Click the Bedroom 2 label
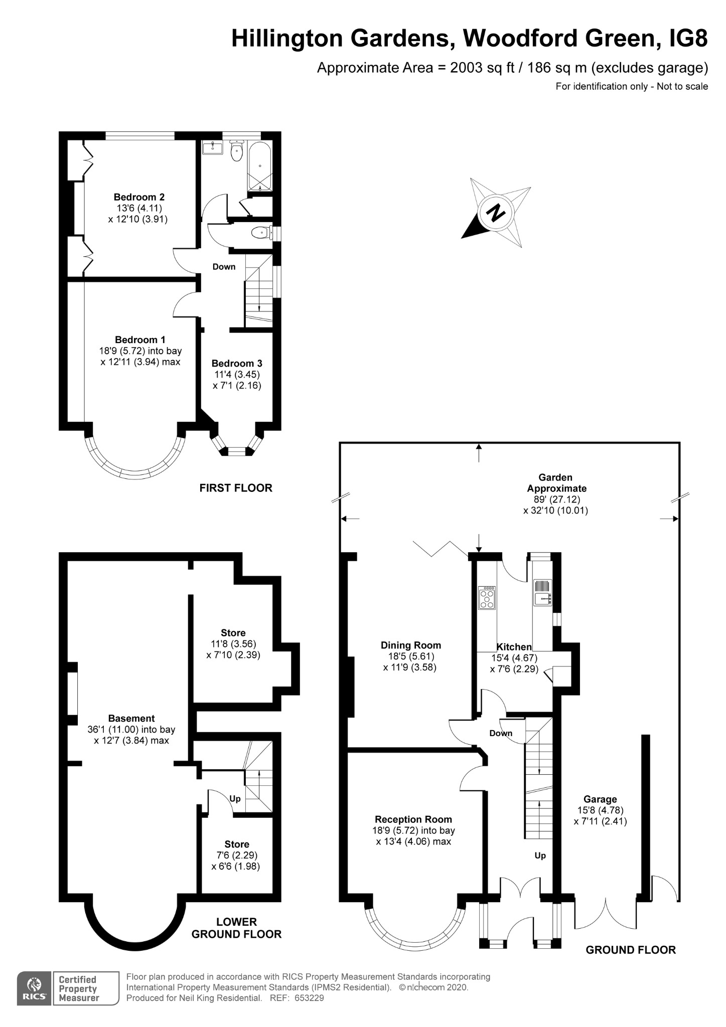[139, 197]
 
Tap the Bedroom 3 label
[237, 364]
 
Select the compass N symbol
[496, 213]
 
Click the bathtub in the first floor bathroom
[260, 166]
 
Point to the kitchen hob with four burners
[487, 598]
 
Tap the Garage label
[600, 799]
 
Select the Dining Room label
[410, 645]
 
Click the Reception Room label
[413, 819]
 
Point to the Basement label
[131, 719]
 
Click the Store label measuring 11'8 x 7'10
[233, 633]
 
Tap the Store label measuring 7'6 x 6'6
[237, 844]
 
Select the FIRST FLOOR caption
[236, 488]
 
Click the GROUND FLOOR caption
[631, 950]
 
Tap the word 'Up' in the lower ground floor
[235, 798]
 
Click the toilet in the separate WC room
[260, 233]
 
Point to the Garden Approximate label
[556, 483]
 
